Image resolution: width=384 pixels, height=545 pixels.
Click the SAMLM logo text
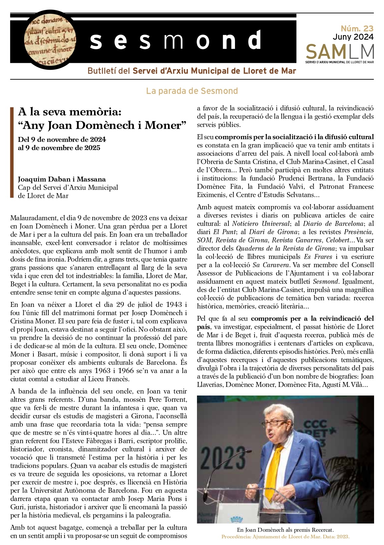click(340, 52)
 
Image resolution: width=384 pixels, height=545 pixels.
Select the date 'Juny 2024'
click(353, 37)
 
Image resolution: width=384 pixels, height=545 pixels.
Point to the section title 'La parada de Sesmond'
click(192, 91)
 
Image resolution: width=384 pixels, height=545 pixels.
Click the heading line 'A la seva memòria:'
click(70, 112)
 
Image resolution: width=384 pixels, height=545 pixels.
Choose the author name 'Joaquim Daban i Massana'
click(62, 179)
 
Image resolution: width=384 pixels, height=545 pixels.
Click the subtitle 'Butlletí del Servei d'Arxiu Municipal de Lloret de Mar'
click(192, 71)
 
